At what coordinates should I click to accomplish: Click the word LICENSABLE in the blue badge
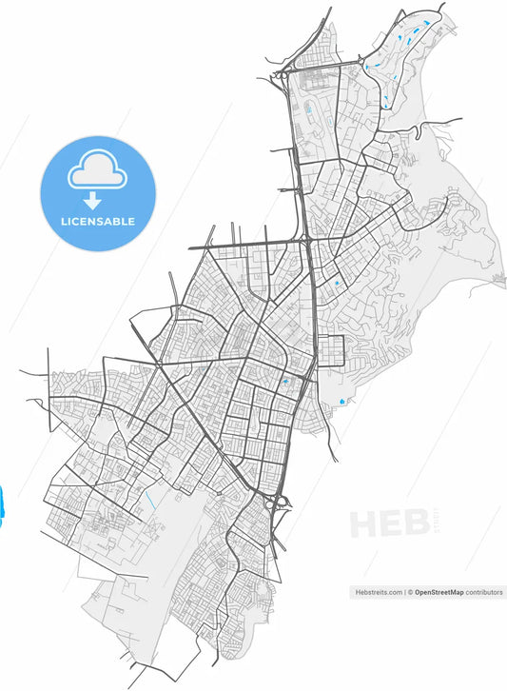98,222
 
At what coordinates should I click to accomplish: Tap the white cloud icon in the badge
98,170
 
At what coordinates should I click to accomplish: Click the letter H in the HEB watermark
365,525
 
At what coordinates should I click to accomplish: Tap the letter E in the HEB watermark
392,525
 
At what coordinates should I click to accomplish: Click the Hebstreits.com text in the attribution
379,592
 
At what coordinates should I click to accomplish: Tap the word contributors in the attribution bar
484,592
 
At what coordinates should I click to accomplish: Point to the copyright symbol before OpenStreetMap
411,592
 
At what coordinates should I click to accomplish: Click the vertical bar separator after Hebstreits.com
405,592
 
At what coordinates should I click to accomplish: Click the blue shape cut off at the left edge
2,505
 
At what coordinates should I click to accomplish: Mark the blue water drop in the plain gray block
341,403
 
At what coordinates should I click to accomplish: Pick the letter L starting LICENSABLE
64,222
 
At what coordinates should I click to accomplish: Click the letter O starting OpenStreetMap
419,592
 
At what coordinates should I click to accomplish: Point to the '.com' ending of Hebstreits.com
395,592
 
